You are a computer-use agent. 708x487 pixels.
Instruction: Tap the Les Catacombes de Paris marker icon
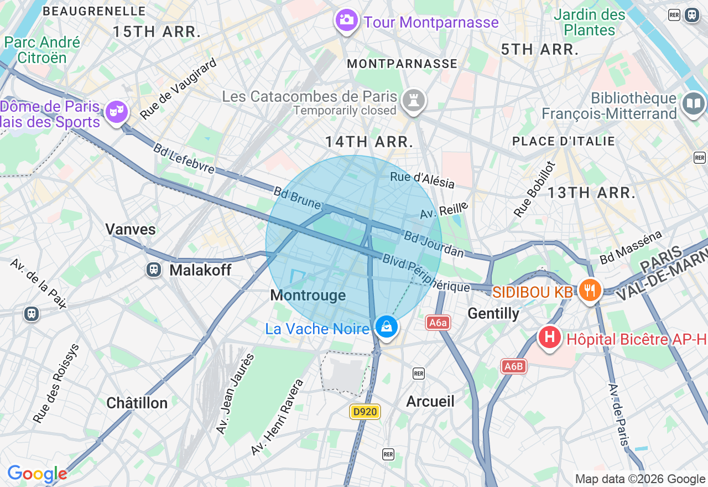(414, 100)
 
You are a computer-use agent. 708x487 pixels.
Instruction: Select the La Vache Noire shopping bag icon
(387, 327)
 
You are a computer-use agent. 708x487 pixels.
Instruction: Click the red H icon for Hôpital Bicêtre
(550, 336)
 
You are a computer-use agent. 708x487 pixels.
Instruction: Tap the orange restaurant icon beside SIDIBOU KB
(590, 289)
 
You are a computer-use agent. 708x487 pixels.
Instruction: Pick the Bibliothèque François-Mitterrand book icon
(694, 103)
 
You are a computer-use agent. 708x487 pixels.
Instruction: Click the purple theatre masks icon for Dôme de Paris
(116, 111)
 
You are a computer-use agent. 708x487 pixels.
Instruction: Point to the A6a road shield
(438, 323)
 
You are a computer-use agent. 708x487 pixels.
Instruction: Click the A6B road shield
(513, 366)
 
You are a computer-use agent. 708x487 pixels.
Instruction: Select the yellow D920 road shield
(365, 412)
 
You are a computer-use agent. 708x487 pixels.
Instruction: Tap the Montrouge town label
(308, 296)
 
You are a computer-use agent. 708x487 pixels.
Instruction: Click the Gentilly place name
(493, 314)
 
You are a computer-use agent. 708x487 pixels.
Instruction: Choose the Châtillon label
(137, 403)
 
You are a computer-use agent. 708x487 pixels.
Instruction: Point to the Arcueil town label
(430, 401)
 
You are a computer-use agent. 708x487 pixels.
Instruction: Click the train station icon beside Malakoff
(154, 270)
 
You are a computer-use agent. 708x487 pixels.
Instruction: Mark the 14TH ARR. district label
(369, 142)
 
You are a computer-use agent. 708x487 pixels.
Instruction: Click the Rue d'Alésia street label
(422, 180)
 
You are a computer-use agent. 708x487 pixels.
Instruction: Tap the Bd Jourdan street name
(434, 244)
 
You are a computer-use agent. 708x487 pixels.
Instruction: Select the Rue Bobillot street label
(534, 189)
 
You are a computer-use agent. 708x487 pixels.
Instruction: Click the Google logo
(37, 474)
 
